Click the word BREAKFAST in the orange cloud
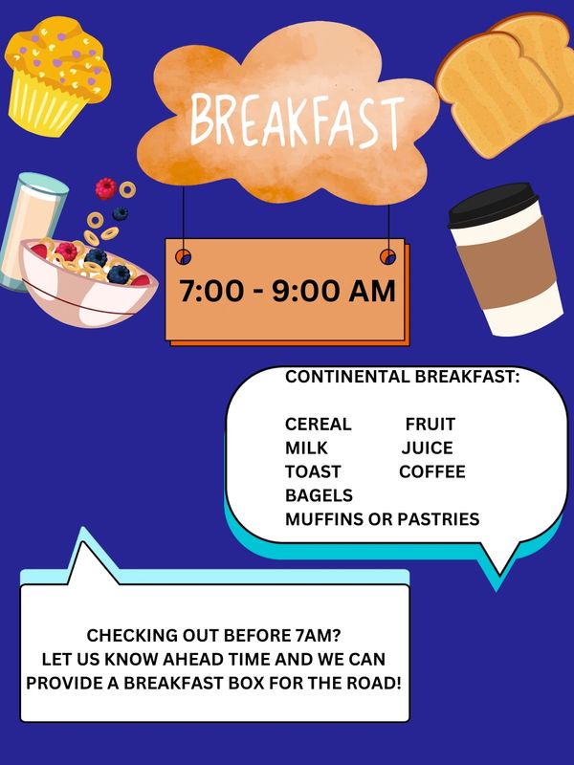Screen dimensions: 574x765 (x=298, y=120)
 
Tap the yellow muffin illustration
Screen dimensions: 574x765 (x=57, y=76)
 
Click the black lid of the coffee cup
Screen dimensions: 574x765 (x=493, y=205)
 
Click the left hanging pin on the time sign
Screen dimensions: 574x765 (x=183, y=256)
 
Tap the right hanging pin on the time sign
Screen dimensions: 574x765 (x=388, y=256)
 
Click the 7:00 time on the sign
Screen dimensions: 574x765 (x=210, y=292)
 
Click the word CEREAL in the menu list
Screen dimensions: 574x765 (x=319, y=424)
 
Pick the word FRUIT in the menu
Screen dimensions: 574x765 (x=430, y=424)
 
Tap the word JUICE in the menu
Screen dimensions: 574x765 (x=427, y=448)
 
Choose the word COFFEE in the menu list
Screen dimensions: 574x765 (x=432, y=471)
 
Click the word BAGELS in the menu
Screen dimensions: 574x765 (x=319, y=495)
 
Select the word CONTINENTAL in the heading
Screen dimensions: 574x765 (x=347, y=377)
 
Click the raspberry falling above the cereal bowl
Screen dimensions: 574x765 (x=105, y=188)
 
